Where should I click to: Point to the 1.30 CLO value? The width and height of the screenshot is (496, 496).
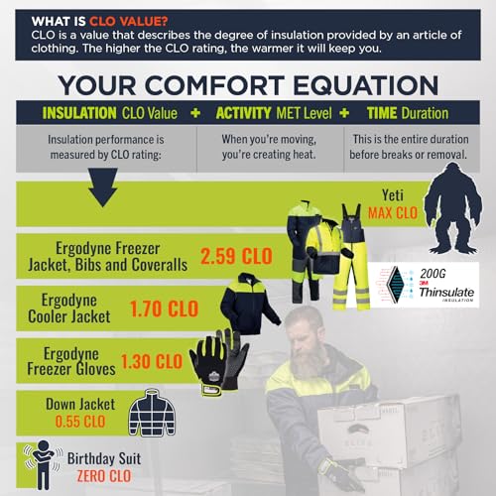click(x=151, y=362)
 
